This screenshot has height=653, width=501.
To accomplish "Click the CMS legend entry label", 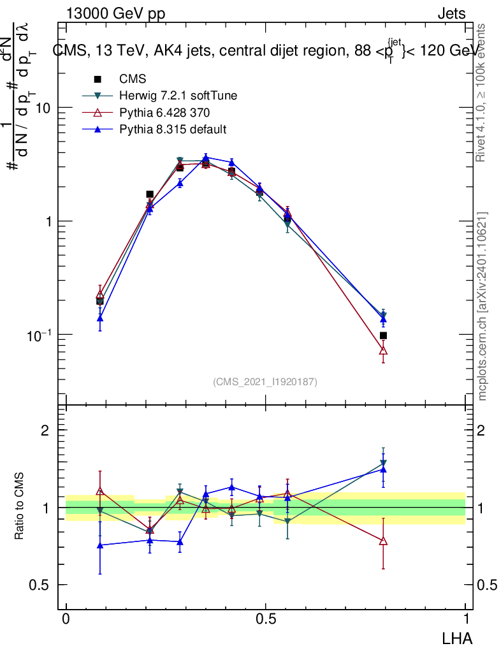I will pos(133,80).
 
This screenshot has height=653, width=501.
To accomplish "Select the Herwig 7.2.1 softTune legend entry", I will pos(178,96).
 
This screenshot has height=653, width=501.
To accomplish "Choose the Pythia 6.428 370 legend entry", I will pos(164,113).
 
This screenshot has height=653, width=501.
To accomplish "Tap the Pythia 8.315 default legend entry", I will pos(173,129).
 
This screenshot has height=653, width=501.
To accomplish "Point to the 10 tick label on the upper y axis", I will pos(43,108).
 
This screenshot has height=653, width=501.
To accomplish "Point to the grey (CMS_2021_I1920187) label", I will pos(265,381).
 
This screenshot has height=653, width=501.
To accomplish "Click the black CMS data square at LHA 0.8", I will pos(383,335).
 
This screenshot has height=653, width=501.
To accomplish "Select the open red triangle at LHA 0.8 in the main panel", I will pos(383,350).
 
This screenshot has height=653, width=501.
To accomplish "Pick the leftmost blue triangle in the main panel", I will pos(100,318).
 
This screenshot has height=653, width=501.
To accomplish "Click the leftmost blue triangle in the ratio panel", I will pos(100,545).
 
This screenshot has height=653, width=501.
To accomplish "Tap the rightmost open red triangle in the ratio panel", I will pos(383,541).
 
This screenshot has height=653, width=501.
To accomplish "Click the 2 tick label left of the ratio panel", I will pos(45,430).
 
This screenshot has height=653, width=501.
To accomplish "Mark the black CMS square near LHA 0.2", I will pos(150,194).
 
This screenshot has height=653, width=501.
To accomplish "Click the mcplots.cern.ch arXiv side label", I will pos(483,306).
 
